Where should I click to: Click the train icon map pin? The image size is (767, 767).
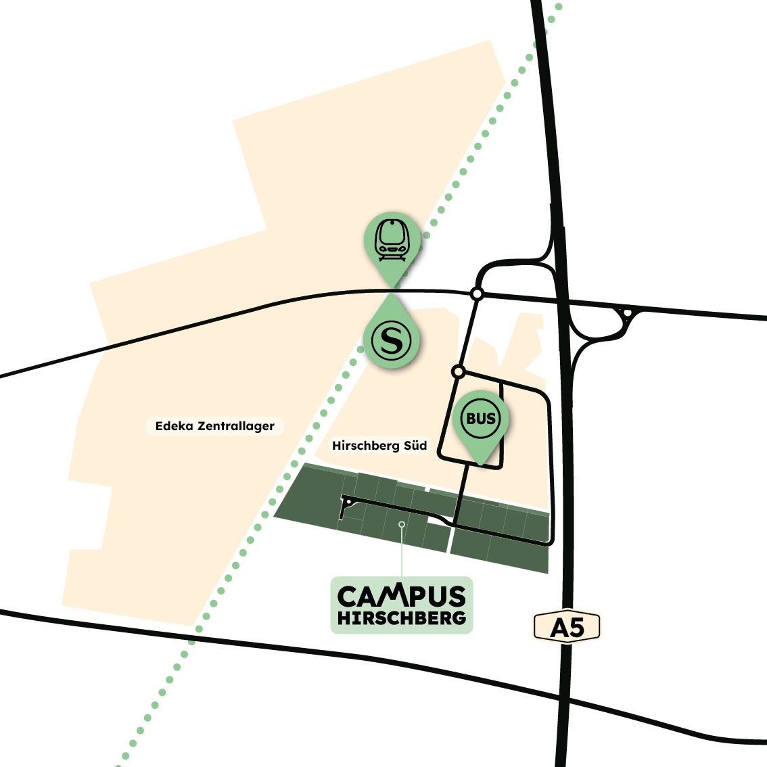392,243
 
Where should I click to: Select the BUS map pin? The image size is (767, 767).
481,423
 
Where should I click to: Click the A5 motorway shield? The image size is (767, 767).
567,627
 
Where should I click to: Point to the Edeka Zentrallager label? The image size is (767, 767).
214,426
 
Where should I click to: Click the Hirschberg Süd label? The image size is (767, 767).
379,446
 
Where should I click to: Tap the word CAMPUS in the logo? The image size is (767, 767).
402,596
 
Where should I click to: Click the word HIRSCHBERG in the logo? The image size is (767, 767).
402,618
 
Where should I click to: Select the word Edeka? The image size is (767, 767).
175,426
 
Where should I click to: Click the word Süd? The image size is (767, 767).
413,446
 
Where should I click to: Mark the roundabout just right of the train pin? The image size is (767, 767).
477,294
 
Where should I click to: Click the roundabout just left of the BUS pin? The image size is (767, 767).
458,371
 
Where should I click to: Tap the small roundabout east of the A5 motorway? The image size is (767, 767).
627,312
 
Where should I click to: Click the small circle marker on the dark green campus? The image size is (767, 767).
402,524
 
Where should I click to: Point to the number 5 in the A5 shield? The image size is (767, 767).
576,628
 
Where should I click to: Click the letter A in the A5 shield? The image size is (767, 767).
559,628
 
